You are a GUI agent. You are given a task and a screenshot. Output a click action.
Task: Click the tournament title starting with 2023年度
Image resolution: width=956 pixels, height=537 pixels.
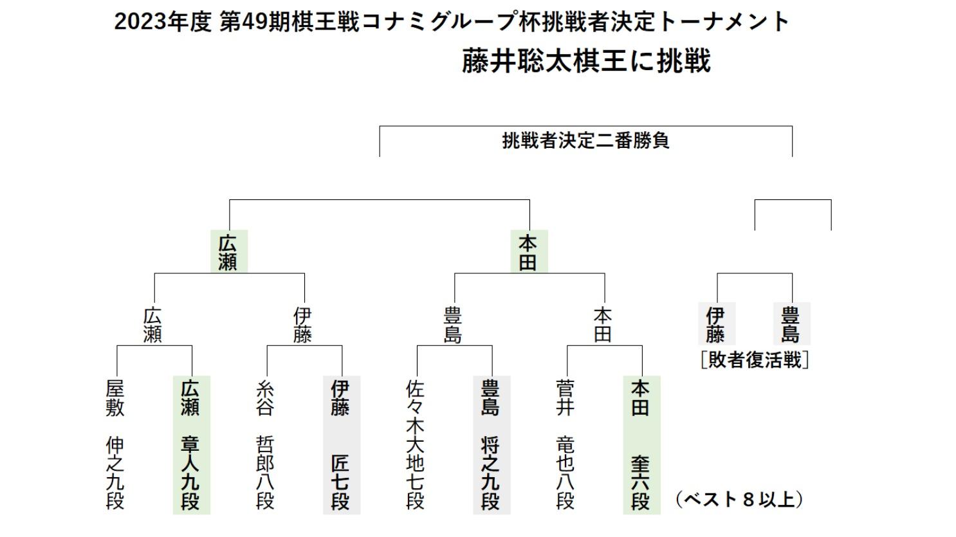point(452,22)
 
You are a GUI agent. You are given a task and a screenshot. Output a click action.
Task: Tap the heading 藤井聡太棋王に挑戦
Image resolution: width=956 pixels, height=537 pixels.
point(587,61)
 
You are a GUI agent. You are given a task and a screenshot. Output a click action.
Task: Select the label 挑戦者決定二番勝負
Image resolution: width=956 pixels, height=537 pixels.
point(585,140)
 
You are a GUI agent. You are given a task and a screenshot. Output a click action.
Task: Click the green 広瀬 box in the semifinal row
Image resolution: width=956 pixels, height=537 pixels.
point(229,251)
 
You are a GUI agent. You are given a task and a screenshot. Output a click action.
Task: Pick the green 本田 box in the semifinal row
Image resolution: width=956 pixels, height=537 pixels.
point(529,251)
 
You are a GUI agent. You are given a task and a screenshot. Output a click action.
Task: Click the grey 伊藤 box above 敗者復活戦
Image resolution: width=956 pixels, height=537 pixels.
point(717,323)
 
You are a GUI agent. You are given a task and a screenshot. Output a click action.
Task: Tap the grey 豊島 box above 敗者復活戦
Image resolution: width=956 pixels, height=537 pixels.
point(792,323)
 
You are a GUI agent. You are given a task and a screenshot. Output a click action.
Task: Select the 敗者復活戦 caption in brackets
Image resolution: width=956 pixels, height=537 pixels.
point(755,360)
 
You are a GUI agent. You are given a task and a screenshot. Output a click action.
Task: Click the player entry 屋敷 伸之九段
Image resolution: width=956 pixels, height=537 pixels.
point(115,445)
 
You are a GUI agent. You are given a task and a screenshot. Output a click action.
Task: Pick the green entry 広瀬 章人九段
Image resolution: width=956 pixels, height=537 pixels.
point(191,445)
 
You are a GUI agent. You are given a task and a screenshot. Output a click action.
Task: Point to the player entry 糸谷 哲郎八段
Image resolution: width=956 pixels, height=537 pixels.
point(265,445)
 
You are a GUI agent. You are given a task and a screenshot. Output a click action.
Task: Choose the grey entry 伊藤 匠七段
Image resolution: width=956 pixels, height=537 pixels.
point(342,445)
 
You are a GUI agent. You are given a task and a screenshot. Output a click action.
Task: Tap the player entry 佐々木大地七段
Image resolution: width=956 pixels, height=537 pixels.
point(415,445)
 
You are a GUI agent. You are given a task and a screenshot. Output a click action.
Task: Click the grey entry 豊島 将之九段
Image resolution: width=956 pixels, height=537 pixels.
point(492,445)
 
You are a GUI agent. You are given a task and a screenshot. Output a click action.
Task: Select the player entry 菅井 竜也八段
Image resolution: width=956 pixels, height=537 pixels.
point(565,445)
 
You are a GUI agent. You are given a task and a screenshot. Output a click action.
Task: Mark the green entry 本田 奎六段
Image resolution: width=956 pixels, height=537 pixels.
point(642,445)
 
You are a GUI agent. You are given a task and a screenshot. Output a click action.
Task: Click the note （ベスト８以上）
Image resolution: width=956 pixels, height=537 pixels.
point(740,500)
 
